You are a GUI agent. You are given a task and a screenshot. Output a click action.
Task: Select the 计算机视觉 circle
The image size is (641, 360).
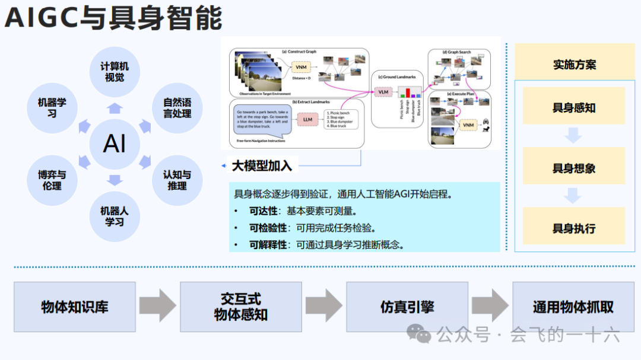[115, 72]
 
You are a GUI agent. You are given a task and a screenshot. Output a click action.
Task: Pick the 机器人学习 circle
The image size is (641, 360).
[115, 216]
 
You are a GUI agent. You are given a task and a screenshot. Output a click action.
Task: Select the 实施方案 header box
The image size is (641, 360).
[574, 64]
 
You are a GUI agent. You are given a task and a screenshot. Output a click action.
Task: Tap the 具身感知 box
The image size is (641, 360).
[573, 108]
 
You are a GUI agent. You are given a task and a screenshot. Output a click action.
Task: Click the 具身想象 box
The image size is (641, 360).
[573, 168]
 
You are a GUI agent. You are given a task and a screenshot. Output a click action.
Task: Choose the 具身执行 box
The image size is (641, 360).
[573, 228]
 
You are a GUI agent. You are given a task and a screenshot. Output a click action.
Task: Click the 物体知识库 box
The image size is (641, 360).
[75, 307]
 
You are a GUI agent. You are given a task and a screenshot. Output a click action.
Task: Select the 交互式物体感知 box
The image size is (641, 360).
[240, 307]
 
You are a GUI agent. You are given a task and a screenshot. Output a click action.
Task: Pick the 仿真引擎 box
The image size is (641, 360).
[407, 307]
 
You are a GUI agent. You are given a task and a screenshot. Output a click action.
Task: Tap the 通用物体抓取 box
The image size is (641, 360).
[573, 307]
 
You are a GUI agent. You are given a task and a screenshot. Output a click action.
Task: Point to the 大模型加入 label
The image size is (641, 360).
[262, 165]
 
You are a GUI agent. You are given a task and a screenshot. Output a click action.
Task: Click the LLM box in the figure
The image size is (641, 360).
[307, 119]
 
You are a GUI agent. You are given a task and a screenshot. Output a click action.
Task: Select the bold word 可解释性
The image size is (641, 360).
[268, 244]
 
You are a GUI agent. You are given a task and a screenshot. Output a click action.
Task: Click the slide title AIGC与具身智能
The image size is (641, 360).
[113, 18]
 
